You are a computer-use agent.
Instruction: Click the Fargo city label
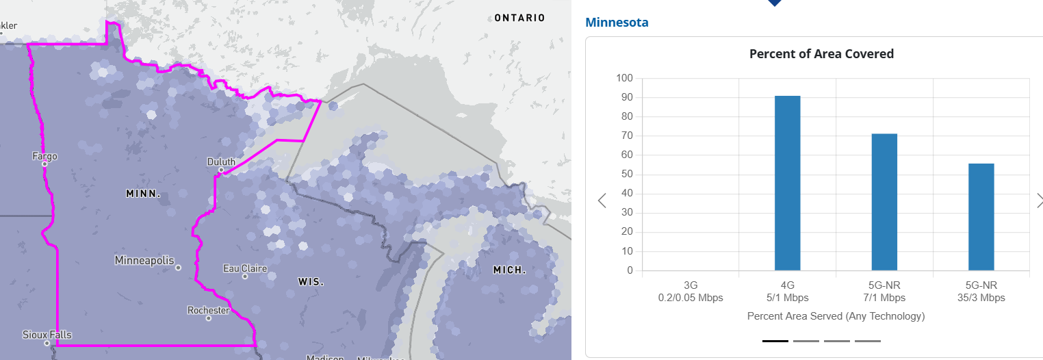click(x=45, y=157)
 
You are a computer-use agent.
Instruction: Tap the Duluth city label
click(x=221, y=162)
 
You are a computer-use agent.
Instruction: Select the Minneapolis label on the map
click(x=144, y=261)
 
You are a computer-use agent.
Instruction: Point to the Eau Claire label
click(x=245, y=268)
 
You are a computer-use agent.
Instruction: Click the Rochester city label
click(x=209, y=311)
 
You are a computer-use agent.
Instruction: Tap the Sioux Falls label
click(x=47, y=335)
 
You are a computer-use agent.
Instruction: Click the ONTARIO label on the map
click(x=520, y=18)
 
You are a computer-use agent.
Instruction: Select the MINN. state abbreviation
click(x=143, y=194)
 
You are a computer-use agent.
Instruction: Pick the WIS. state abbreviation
click(x=311, y=282)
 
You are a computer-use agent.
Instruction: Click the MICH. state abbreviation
click(x=510, y=270)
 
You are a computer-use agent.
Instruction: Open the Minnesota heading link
click(x=617, y=23)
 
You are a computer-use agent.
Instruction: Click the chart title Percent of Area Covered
click(x=821, y=54)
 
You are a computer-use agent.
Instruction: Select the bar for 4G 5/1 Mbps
click(x=787, y=183)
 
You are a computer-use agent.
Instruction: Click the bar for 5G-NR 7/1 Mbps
click(x=884, y=202)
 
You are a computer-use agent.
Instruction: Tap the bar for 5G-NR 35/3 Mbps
click(x=981, y=217)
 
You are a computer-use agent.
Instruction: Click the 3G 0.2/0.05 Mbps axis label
click(x=690, y=291)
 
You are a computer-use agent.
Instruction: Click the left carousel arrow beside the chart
click(x=602, y=201)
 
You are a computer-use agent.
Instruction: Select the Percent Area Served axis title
click(x=836, y=316)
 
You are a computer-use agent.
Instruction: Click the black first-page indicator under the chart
click(x=775, y=341)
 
